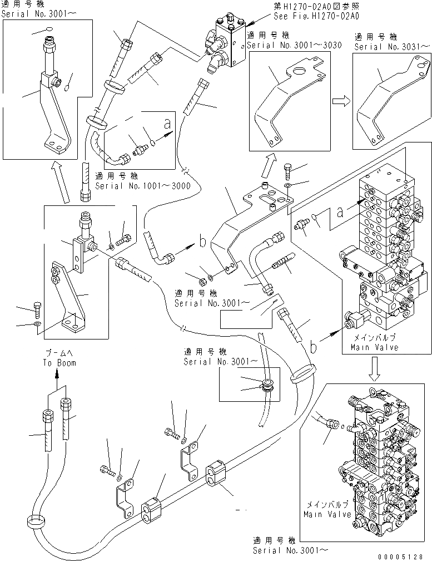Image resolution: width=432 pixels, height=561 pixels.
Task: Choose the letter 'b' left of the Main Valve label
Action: (314, 347)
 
